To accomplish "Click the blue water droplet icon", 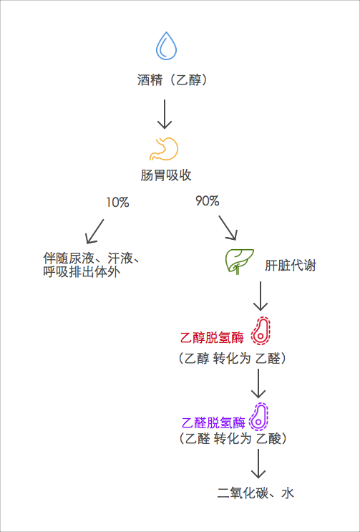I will point(166,46).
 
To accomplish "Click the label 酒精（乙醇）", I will point(172,80).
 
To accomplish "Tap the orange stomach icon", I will point(164,148).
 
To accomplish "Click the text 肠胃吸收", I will point(165,175).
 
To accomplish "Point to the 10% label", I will point(117,203).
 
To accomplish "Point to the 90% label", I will point(207,201).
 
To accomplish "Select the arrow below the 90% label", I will point(228,228).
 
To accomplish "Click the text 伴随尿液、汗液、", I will point(89,258).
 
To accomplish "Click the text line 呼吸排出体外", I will point(79,272).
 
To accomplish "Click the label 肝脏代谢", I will point(290,265).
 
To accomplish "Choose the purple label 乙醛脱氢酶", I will point(214,422).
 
